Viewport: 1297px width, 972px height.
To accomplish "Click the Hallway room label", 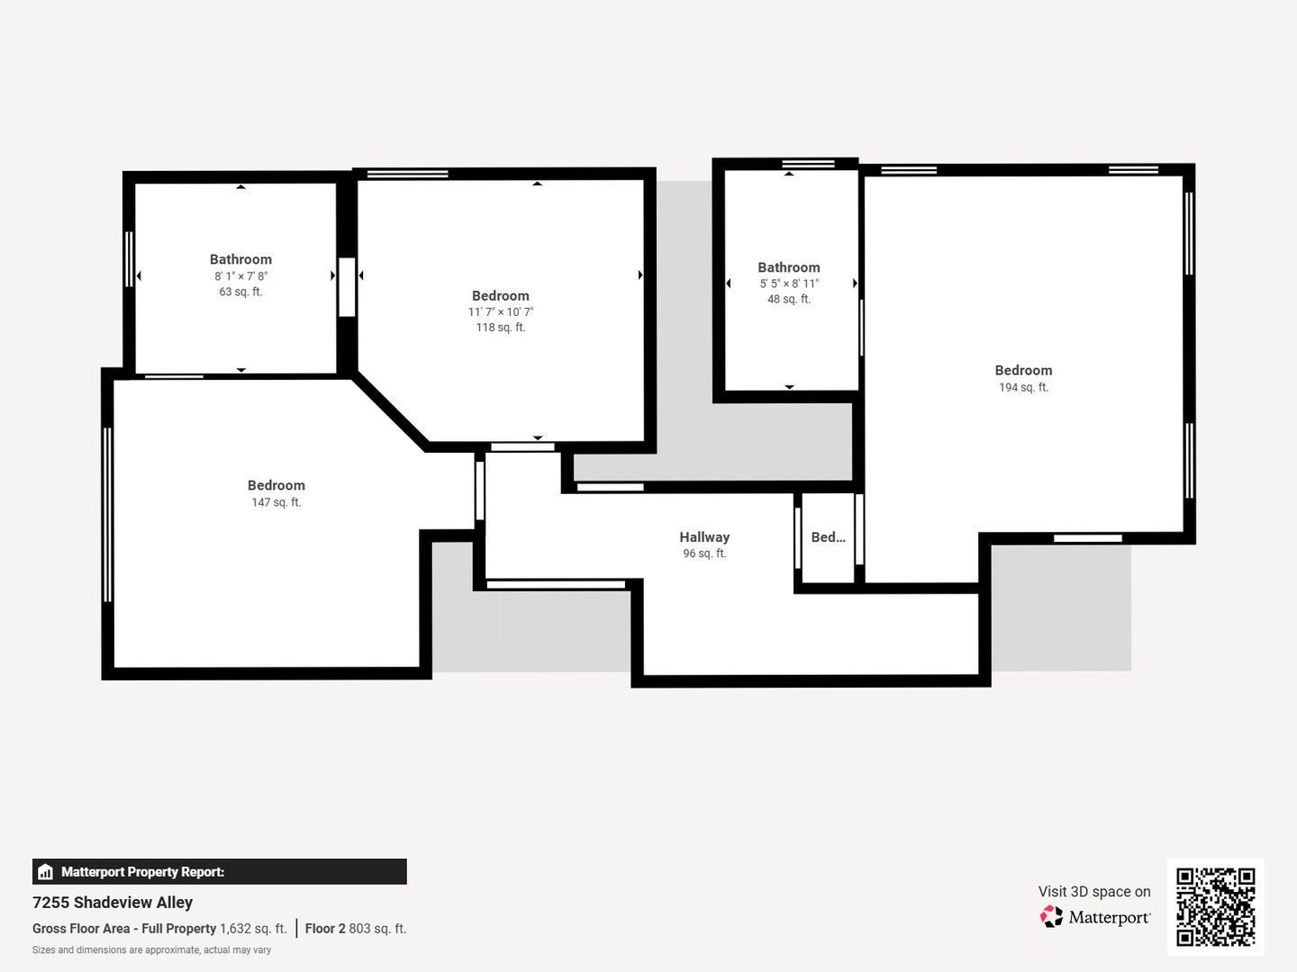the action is (x=704, y=537).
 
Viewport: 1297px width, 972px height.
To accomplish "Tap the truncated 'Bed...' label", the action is (x=828, y=537).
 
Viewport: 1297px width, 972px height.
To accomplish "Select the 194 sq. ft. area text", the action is (x=1023, y=387).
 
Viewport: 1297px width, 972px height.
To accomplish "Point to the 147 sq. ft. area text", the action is (x=276, y=502).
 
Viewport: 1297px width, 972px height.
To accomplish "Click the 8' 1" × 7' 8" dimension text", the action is (x=240, y=275).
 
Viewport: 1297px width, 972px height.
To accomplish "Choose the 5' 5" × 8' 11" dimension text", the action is (x=789, y=283).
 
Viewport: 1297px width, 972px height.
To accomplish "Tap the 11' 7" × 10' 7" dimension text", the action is (x=501, y=311).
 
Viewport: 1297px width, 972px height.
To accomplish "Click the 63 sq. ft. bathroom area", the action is (x=240, y=292).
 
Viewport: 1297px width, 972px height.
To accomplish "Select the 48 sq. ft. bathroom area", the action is (x=789, y=299).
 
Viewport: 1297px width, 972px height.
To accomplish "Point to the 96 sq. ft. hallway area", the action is (x=704, y=553).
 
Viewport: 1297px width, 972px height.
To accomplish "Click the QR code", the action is (x=1215, y=906).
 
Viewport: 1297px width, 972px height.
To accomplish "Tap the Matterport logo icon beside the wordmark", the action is (x=1050, y=916).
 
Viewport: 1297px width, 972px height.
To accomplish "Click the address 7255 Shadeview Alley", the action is (x=113, y=903).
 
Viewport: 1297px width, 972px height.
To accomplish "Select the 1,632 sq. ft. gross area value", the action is (x=253, y=928).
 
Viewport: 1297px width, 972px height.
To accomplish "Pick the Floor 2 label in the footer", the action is (x=325, y=928).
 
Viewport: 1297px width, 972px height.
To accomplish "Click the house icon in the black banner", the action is (x=45, y=872).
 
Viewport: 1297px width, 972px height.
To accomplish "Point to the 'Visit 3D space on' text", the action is (x=1094, y=892).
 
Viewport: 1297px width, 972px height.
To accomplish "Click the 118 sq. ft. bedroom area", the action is (x=501, y=328).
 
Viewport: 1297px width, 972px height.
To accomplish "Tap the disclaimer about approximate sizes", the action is (x=151, y=950).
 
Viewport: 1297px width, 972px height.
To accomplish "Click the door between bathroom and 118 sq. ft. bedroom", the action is (x=347, y=287).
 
